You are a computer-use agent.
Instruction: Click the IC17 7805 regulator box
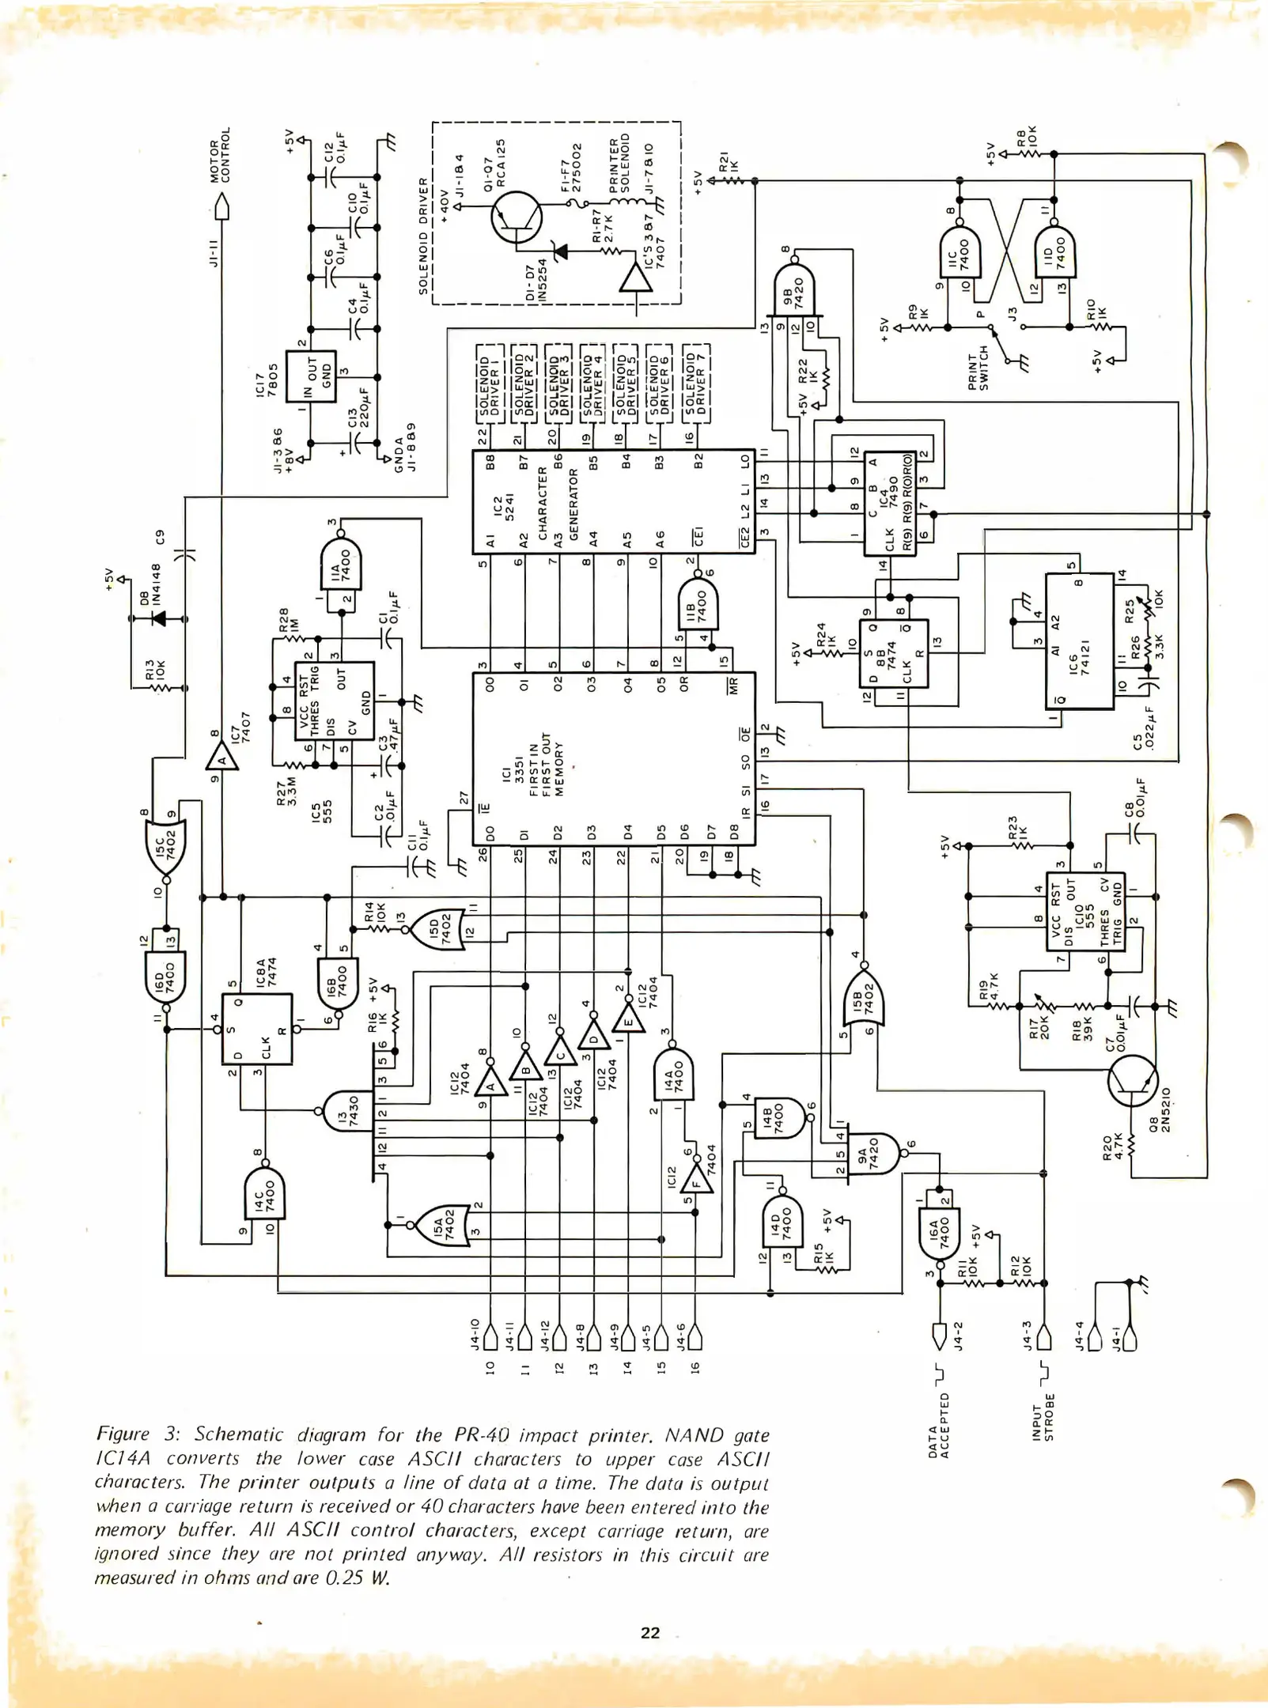pos(311,376)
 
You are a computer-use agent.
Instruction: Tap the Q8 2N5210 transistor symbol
pos(1132,1081)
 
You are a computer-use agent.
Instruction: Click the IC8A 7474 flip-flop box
pos(256,1028)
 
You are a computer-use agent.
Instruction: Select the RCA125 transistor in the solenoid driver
pos(516,217)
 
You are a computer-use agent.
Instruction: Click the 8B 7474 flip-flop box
pos(893,654)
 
